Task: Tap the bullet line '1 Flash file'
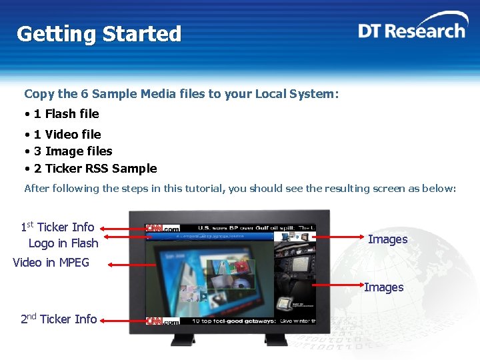[66, 114]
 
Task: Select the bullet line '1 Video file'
[67, 135]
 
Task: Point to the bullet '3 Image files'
[73, 151]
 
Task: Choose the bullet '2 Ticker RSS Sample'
[95, 169]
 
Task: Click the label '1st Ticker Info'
[57, 227]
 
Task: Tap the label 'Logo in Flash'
[63, 243]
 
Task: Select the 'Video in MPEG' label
[51, 263]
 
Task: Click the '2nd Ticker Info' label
[59, 319]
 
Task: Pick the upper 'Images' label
[387, 239]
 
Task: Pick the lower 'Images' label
[383, 287]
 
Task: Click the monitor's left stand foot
[181, 339]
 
